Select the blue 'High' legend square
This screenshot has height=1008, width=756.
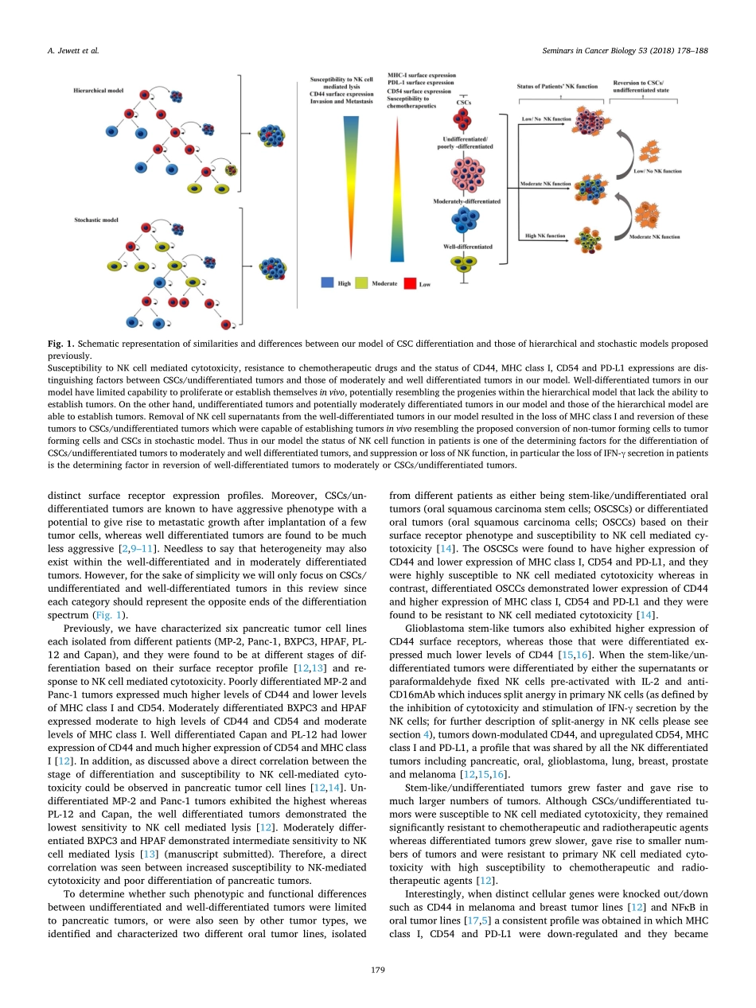[327, 282]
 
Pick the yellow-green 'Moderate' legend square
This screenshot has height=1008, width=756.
[361, 282]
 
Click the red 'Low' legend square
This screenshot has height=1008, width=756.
[411, 282]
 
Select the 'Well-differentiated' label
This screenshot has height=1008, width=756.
[467, 247]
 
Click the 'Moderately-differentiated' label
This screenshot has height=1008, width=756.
[467, 202]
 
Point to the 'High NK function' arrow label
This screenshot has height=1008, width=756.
[546, 235]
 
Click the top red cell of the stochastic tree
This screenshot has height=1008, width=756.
[145, 228]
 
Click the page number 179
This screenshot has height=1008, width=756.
[378, 970]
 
